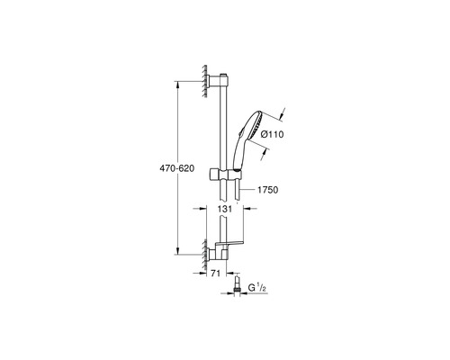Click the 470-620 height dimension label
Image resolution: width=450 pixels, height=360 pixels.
pos(176,168)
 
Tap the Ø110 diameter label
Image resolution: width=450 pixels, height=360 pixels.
pos(272,134)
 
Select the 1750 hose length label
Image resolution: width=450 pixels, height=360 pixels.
pos(268,190)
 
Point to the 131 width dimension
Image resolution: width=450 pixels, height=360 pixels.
pos(225,209)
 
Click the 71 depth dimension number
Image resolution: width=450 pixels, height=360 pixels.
pos(215,274)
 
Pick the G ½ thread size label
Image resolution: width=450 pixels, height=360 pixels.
pos(257,288)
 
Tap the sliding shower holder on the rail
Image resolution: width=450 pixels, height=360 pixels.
pos(225,174)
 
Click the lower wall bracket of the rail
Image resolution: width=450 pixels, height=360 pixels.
pos(218,254)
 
